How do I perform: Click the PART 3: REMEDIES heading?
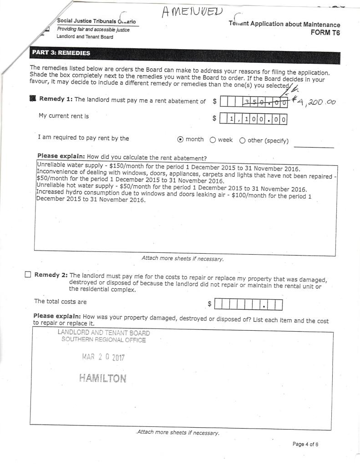[x=61, y=53]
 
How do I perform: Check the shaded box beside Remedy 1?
[x=32, y=99]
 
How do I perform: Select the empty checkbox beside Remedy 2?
[x=28, y=275]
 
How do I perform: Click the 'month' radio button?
[x=180, y=140]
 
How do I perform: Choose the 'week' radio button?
[x=213, y=140]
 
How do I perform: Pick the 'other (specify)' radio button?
[x=242, y=140]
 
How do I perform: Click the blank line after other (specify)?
[x=314, y=146]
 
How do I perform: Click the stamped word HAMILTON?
[x=102, y=378]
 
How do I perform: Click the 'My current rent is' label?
[x=64, y=116]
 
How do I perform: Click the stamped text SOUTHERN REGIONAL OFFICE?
[x=104, y=340]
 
